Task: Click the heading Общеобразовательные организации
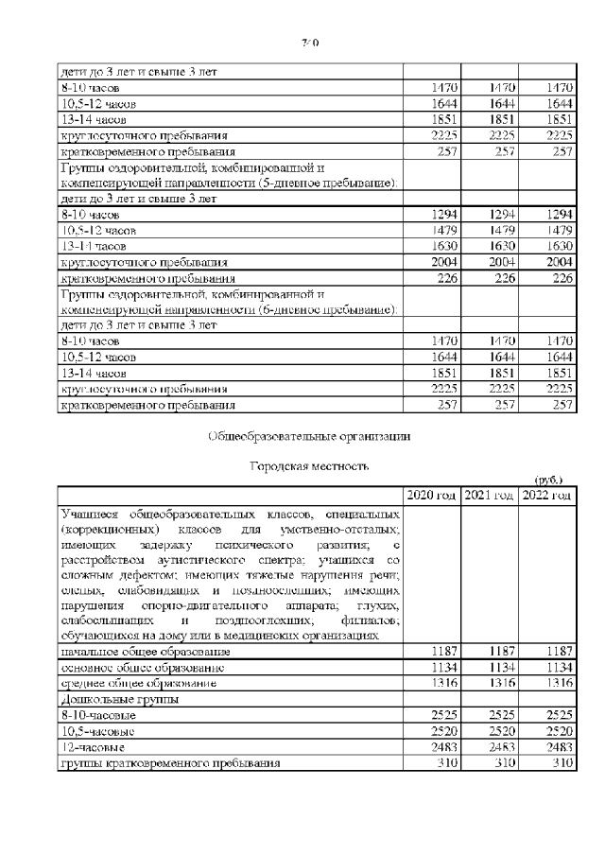click(x=309, y=436)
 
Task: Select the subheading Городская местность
click(x=308, y=466)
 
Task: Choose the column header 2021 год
click(x=490, y=495)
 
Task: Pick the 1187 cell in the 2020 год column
click(x=443, y=652)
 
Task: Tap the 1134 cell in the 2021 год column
click(x=501, y=668)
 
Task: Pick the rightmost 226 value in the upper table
click(x=562, y=278)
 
